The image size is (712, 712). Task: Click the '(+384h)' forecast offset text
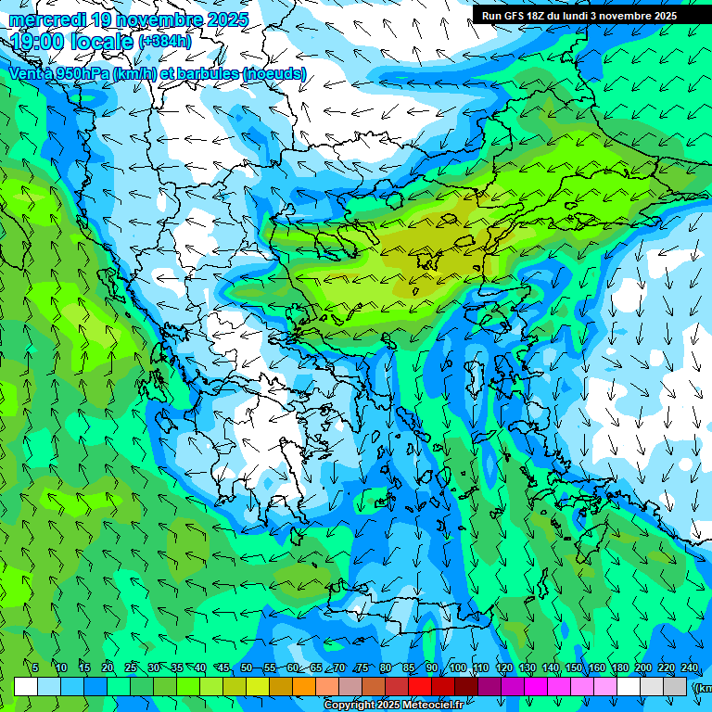165,41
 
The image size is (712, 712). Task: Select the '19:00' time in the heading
37,42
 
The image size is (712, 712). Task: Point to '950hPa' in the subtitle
80,73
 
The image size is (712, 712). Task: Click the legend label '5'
35,667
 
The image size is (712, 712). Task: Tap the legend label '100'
457,667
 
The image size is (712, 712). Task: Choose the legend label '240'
690,667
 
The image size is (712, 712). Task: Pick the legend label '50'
247,667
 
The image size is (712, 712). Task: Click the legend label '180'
619,667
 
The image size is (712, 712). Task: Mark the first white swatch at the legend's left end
26,686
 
